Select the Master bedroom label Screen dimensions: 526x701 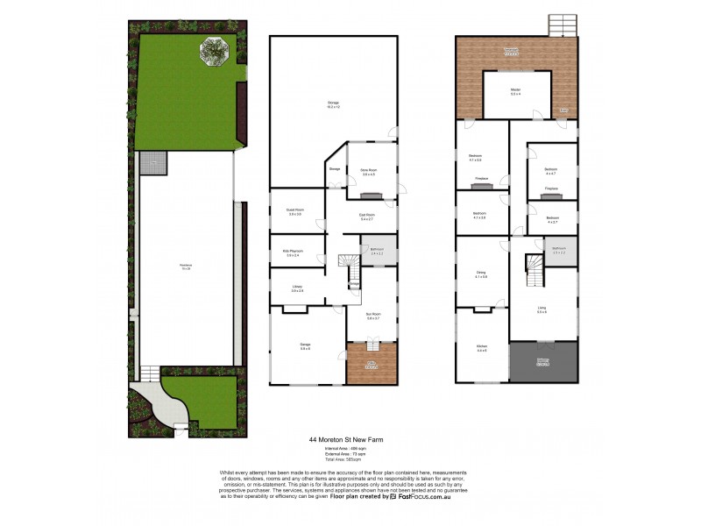point(515,92)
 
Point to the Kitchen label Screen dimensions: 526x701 point(481,349)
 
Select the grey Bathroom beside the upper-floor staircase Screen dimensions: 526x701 point(559,251)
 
